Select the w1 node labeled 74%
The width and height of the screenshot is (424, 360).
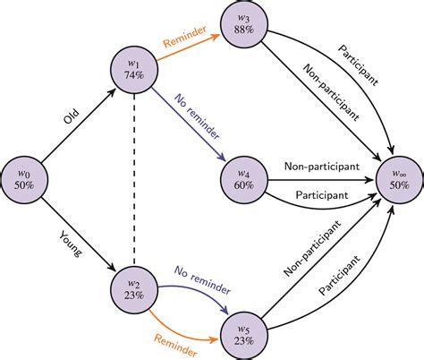pyautogui.click(x=131, y=70)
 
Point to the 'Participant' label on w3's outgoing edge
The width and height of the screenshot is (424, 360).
pyautogui.click(x=359, y=64)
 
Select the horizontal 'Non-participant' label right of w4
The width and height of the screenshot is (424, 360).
pyautogui.click(x=321, y=166)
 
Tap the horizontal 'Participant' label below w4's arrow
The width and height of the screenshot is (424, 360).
pyautogui.click(x=318, y=194)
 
